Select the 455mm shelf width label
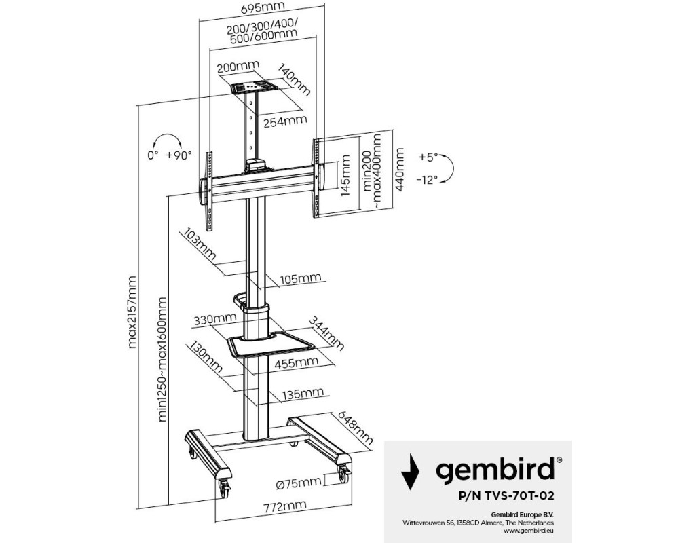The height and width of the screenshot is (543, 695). click(293, 364)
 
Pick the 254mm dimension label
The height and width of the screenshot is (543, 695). click(284, 121)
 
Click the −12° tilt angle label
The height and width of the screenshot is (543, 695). click(427, 179)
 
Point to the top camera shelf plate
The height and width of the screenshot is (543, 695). click(255, 88)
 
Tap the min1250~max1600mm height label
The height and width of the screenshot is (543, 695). click(162, 358)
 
